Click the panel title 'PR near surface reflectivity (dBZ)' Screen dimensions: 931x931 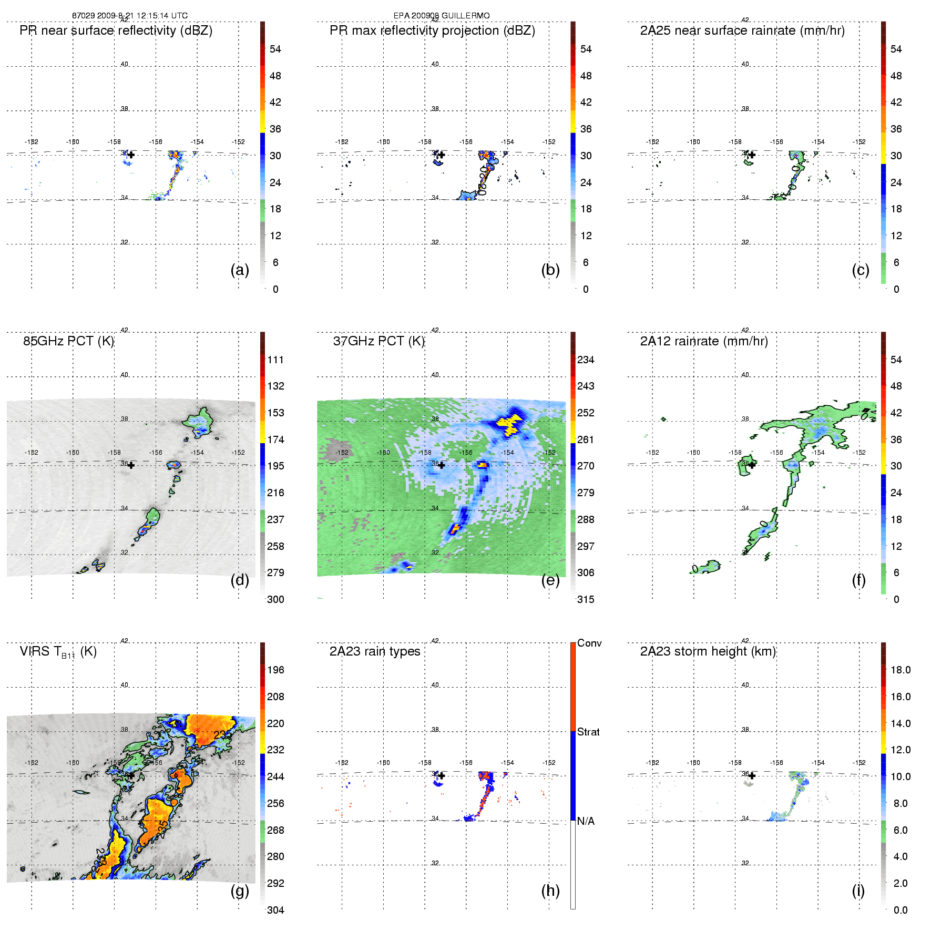[116, 30]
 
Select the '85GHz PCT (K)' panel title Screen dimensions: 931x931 [68, 341]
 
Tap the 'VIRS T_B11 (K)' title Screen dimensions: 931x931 [58, 652]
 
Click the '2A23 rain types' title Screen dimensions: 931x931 [375, 652]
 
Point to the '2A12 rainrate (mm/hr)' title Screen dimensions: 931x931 [704, 341]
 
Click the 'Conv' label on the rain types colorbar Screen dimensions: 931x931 [589, 643]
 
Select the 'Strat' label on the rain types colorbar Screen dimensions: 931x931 [588, 732]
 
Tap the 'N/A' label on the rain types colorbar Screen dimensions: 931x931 [586, 821]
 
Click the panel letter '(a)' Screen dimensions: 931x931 [240, 270]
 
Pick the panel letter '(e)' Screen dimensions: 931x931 [550, 580]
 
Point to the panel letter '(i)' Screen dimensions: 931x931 [858, 891]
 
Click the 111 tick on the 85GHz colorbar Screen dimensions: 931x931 [275, 360]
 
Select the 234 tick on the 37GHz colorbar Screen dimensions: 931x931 [586, 360]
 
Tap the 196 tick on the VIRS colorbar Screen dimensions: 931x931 [275, 670]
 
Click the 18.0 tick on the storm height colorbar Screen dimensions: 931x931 [901, 670]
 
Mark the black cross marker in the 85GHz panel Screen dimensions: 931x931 [131, 465]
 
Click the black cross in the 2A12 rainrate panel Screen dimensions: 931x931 [752, 465]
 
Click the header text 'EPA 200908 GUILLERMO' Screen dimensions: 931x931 [442, 16]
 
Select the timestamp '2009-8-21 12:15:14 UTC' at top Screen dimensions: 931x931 [142, 16]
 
